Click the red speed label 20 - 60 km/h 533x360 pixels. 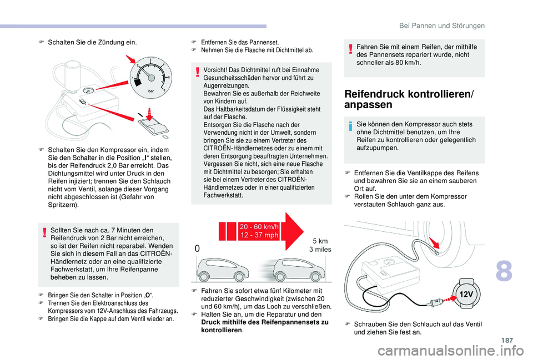259,226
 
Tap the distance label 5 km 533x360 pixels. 320,241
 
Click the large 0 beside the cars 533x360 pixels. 197,250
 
